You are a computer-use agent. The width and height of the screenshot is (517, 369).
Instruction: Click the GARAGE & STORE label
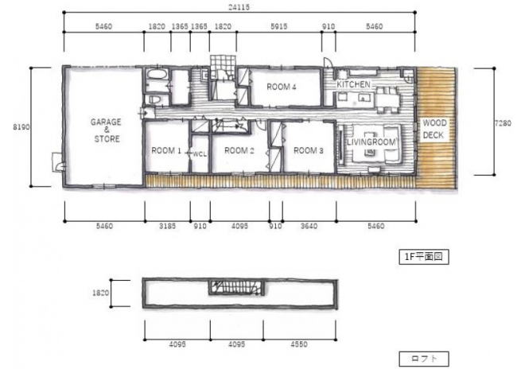[x=106, y=130]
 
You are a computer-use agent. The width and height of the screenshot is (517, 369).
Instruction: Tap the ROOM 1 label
[x=166, y=151]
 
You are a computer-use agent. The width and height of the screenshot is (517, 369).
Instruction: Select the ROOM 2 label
[x=239, y=150]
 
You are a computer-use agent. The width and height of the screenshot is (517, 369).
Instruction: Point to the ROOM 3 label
[x=309, y=150]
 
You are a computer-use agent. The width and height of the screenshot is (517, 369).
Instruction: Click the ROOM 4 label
[x=282, y=87]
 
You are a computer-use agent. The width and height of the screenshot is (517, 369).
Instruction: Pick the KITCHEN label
[x=353, y=84]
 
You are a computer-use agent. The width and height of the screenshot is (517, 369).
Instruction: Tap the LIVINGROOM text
[x=371, y=142]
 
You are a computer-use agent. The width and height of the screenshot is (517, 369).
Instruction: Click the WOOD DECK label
[x=434, y=129]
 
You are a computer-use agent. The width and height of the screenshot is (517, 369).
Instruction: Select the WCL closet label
[x=200, y=154]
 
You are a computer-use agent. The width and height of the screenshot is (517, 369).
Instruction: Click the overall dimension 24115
[x=239, y=6]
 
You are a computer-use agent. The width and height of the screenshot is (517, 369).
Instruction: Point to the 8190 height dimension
[x=21, y=127]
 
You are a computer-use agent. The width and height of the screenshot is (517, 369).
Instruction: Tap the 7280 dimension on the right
[x=503, y=123]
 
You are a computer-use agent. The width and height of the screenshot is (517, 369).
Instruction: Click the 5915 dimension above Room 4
[x=279, y=26]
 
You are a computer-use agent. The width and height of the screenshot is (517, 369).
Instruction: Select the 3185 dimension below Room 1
[x=168, y=226]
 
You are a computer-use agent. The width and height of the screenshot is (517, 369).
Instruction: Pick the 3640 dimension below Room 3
[x=309, y=226]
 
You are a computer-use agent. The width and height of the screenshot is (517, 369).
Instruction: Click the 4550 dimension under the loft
[x=299, y=344]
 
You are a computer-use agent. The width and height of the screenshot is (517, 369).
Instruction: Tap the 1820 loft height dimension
[x=100, y=293]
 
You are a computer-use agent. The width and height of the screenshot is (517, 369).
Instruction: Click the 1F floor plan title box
[x=424, y=257]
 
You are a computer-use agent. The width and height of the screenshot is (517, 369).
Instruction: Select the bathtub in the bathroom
[x=157, y=74]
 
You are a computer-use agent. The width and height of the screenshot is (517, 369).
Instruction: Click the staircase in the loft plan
[x=237, y=287]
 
